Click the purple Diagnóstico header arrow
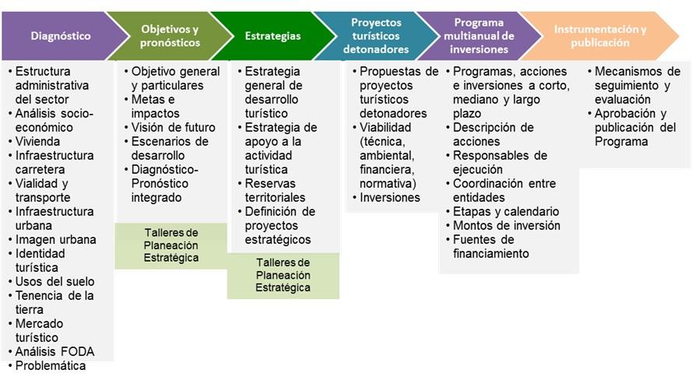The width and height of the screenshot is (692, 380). tap(61, 36)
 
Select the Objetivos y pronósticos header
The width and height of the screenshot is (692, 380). tap(170, 36)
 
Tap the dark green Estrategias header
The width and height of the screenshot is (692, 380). tap(272, 36)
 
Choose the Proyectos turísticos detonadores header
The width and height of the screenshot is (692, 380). tap(376, 36)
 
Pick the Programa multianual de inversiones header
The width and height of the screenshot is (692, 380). tap(479, 36)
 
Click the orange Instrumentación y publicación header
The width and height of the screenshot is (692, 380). tap(600, 36)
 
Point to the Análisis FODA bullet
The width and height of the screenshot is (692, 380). tap(51, 352)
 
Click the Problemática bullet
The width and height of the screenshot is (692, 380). tap(47, 366)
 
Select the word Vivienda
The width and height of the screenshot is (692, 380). tap(37, 142)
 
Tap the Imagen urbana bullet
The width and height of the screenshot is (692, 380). tap(52, 240)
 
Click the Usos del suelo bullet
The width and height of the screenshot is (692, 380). tap(51, 282)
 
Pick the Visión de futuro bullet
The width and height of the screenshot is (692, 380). tap(170, 128)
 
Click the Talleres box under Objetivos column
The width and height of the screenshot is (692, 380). tap(171, 246)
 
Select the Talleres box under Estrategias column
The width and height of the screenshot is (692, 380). tap(283, 276)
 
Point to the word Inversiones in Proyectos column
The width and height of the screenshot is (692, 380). tap(390, 198)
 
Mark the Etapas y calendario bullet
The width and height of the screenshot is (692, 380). tap(503, 212)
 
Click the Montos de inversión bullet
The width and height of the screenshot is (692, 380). tap(503, 226)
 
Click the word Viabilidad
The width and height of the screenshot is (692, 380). tap(385, 128)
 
